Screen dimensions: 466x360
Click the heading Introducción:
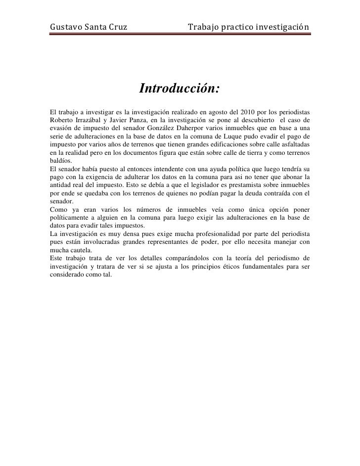(180, 90)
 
